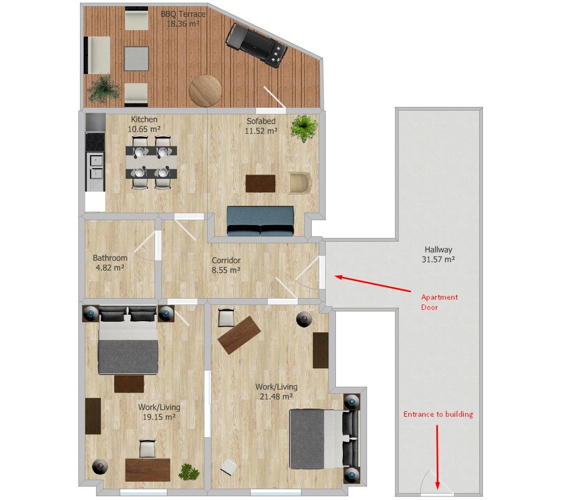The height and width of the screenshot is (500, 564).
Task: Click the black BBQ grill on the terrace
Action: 257,45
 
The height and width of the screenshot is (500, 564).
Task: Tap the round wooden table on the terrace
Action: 205,90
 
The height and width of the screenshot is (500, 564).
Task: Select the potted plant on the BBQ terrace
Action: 103,88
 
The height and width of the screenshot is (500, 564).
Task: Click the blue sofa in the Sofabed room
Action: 260,221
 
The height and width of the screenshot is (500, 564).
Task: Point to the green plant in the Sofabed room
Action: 304,128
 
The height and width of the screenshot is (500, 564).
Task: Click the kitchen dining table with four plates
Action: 151,162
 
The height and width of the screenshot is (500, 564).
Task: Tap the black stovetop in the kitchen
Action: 96,141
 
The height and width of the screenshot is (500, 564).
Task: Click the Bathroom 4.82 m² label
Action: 110,263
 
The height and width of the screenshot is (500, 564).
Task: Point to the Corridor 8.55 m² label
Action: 226,265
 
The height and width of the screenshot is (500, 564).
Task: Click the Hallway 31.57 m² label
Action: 438,254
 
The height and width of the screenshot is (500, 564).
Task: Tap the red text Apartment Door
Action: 439,302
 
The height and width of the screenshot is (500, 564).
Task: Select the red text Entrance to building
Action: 438,414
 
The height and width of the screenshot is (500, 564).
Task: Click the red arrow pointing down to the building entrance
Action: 437,457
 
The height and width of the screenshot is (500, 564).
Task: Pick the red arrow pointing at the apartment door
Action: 372,283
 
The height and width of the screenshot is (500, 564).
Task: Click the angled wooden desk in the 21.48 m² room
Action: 239,335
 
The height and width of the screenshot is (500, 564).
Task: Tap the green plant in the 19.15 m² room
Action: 189,472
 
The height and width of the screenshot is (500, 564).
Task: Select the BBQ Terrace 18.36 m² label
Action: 183,19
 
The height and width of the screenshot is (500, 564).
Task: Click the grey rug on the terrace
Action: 137,59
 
